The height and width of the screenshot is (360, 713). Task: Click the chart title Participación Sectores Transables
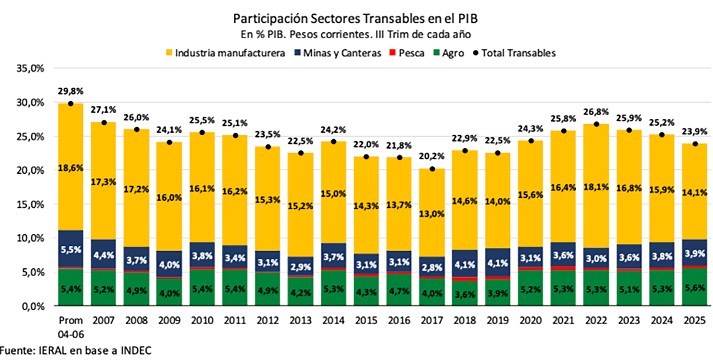[x=355, y=18]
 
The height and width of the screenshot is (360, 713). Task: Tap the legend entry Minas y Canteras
[x=338, y=53]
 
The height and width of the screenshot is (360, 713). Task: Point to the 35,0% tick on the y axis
[x=30, y=68]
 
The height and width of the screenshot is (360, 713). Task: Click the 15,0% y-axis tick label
[x=30, y=204]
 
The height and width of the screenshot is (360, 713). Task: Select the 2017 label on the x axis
[x=432, y=320]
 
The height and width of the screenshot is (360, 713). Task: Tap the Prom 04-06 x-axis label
[x=71, y=327]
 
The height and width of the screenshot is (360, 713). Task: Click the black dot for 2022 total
[x=596, y=124]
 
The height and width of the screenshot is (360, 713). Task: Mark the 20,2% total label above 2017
[x=432, y=156]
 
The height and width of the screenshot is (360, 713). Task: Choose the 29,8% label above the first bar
[x=71, y=91]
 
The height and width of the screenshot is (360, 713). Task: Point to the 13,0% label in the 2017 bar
[x=432, y=214]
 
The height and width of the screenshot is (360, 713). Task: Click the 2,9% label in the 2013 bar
[x=300, y=267]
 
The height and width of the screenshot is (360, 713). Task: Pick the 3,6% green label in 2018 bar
[x=465, y=295]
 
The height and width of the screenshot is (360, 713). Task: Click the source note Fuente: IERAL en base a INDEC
[x=76, y=350]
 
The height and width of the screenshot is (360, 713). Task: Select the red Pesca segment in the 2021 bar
[x=563, y=268]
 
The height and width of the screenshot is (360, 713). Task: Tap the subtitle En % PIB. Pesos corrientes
[x=355, y=35]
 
